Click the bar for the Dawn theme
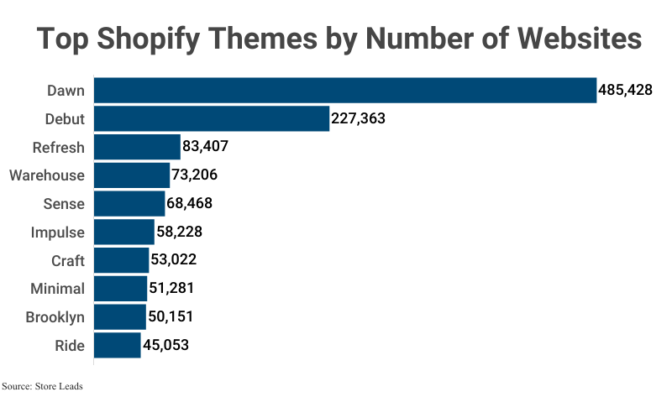[x=344, y=90]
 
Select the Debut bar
[x=211, y=118]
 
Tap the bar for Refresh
[x=137, y=147]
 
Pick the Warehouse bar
[x=132, y=175]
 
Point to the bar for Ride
[x=117, y=345]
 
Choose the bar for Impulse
[x=124, y=232]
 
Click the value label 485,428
[x=625, y=90]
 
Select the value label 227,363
[x=358, y=118]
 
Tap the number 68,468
[x=193, y=204]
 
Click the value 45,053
[x=169, y=345]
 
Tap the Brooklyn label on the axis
[x=55, y=317]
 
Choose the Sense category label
[x=64, y=204]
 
